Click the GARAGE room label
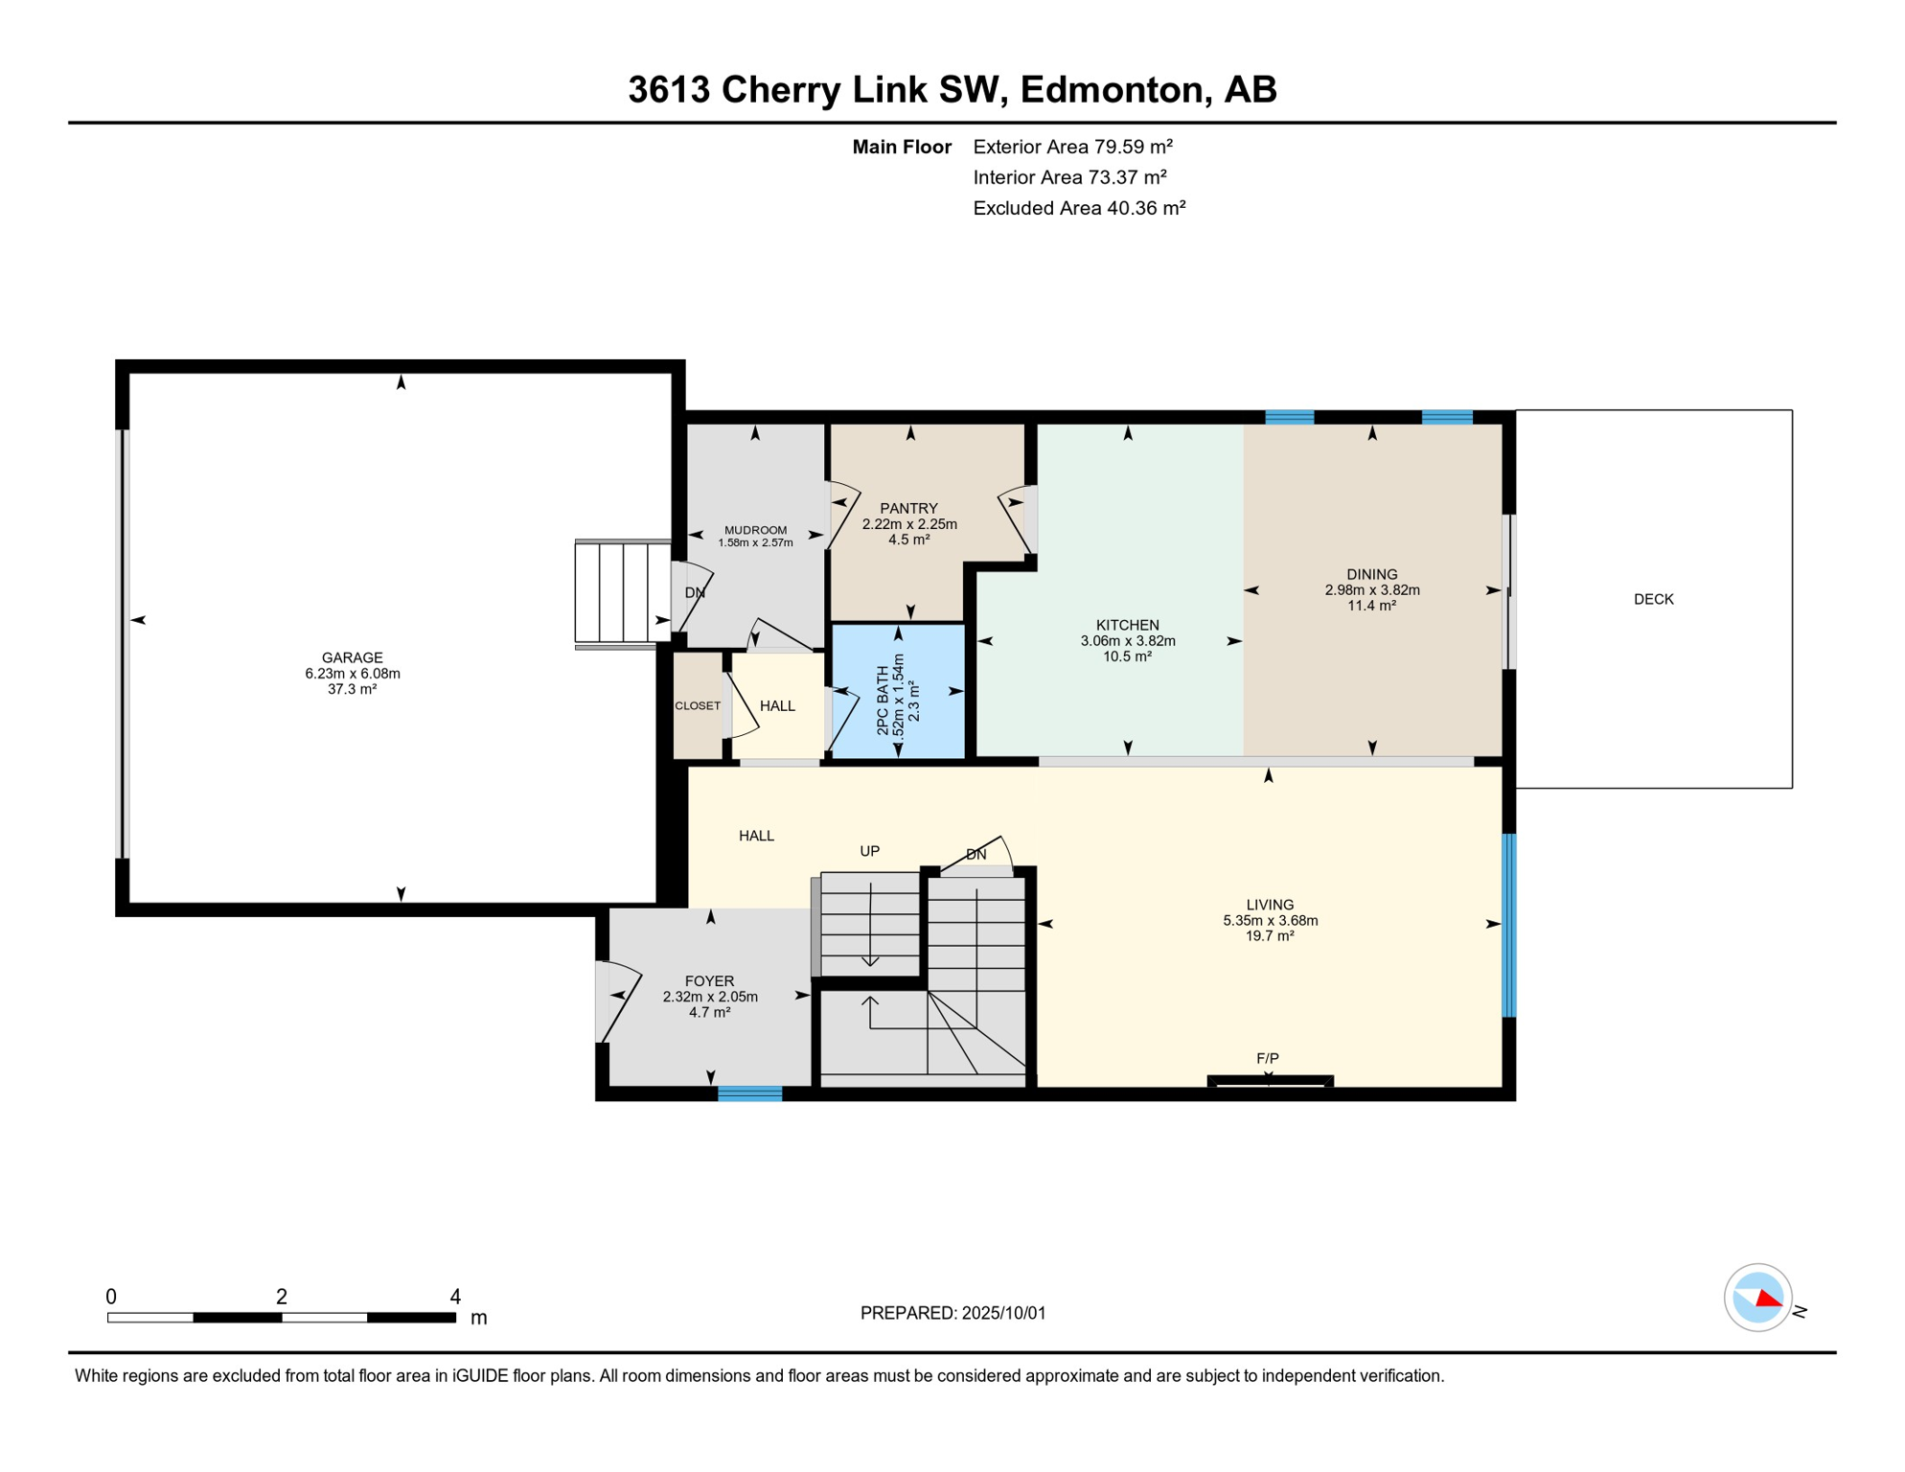pyautogui.click(x=353, y=657)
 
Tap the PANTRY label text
pyautogui.click(x=909, y=509)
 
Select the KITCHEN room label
pyautogui.click(x=1128, y=625)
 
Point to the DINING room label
pyautogui.click(x=1372, y=574)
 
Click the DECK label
pyautogui.click(x=1654, y=599)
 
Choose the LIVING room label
pyautogui.click(x=1271, y=905)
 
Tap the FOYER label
pyautogui.click(x=710, y=981)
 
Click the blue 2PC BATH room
pyautogui.click(x=898, y=692)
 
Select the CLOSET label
pyautogui.click(x=698, y=706)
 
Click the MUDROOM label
pyautogui.click(x=756, y=530)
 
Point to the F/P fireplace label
pyautogui.click(x=1268, y=1058)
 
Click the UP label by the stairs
pyautogui.click(x=870, y=851)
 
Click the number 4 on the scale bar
pyautogui.click(x=456, y=1297)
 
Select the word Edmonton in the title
pyautogui.click(x=1112, y=89)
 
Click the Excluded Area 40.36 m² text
pyautogui.click(x=1080, y=208)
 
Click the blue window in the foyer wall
pyautogui.click(x=750, y=1093)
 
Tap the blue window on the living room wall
pyautogui.click(x=1509, y=925)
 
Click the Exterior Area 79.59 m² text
pyautogui.click(x=1073, y=147)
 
